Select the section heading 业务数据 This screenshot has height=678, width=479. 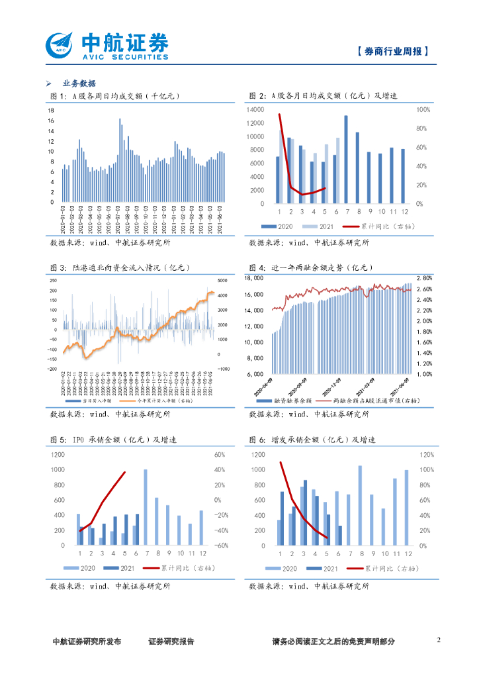pyautogui.click(x=79, y=83)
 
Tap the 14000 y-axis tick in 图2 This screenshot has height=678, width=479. pyautogui.click(x=256, y=109)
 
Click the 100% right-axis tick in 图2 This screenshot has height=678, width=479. pyautogui.click(x=423, y=109)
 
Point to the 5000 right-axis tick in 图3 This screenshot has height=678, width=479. pyautogui.click(x=224, y=279)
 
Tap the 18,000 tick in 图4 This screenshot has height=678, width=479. pyautogui.click(x=255, y=278)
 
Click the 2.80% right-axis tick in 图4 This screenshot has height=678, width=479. pyautogui.click(x=424, y=278)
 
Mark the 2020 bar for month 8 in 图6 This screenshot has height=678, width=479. pyautogui.click(x=361, y=505)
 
